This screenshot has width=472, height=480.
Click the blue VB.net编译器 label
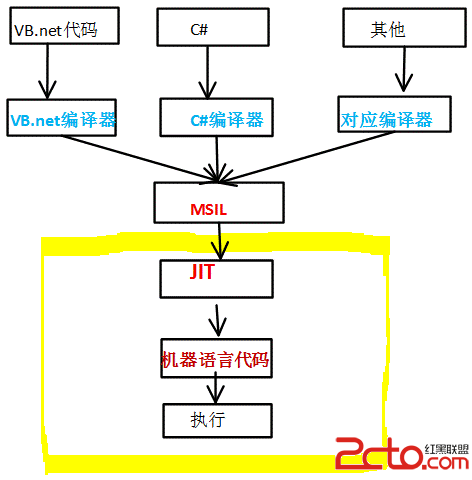coord(63,120)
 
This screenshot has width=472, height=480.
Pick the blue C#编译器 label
coord(227,120)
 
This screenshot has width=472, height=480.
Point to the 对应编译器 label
coord(387,120)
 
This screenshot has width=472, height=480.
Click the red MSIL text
coord(209,209)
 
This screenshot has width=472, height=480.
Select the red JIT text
coord(201,271)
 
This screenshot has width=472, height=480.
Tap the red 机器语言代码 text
coord(215,359)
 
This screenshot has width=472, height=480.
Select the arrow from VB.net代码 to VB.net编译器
coord(47,71)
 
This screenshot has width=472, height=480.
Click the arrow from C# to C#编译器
coord(207,72)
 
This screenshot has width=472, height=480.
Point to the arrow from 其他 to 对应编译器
coord(404,69)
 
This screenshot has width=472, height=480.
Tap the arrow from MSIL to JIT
coord(219,241)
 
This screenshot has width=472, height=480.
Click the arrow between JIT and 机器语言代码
coord(217,320)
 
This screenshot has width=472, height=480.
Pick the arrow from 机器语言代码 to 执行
coord(216,388)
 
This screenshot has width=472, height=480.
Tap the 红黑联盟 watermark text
coord(447,449)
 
